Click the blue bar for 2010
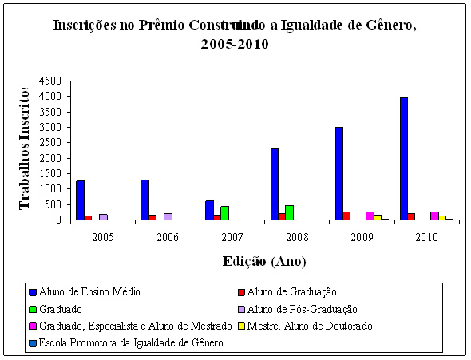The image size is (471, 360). (x=404, y=159)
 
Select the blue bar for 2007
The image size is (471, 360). (x=209, y=210)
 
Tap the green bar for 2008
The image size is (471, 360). (x=289, y=212)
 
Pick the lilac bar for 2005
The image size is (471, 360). (x=103, y=217)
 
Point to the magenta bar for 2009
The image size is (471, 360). (x=370, y=216)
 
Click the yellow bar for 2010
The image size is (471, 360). (x=442, y=218)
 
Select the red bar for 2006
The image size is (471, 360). (x=152, y=217)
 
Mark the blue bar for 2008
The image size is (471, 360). (x=275, y=184)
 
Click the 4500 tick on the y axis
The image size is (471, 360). (x=50, y=81)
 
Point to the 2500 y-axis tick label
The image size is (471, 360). (x=50, y=143)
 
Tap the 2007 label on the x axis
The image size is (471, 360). (x=232, y=238)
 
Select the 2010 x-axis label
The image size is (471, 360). (x=427, y=238)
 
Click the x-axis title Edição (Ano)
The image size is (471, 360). (x=264, y=261)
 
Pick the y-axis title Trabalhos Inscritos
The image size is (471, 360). (x=25, y=148)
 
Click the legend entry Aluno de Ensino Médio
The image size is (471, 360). (x=85, y=292)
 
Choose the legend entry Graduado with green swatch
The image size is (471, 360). (x=56, y=309)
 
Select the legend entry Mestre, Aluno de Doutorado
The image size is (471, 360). (x=305, y=326)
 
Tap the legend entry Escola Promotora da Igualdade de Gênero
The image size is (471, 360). (x=126, y=343)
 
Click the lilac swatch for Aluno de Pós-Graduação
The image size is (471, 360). (x=242, y=309)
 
